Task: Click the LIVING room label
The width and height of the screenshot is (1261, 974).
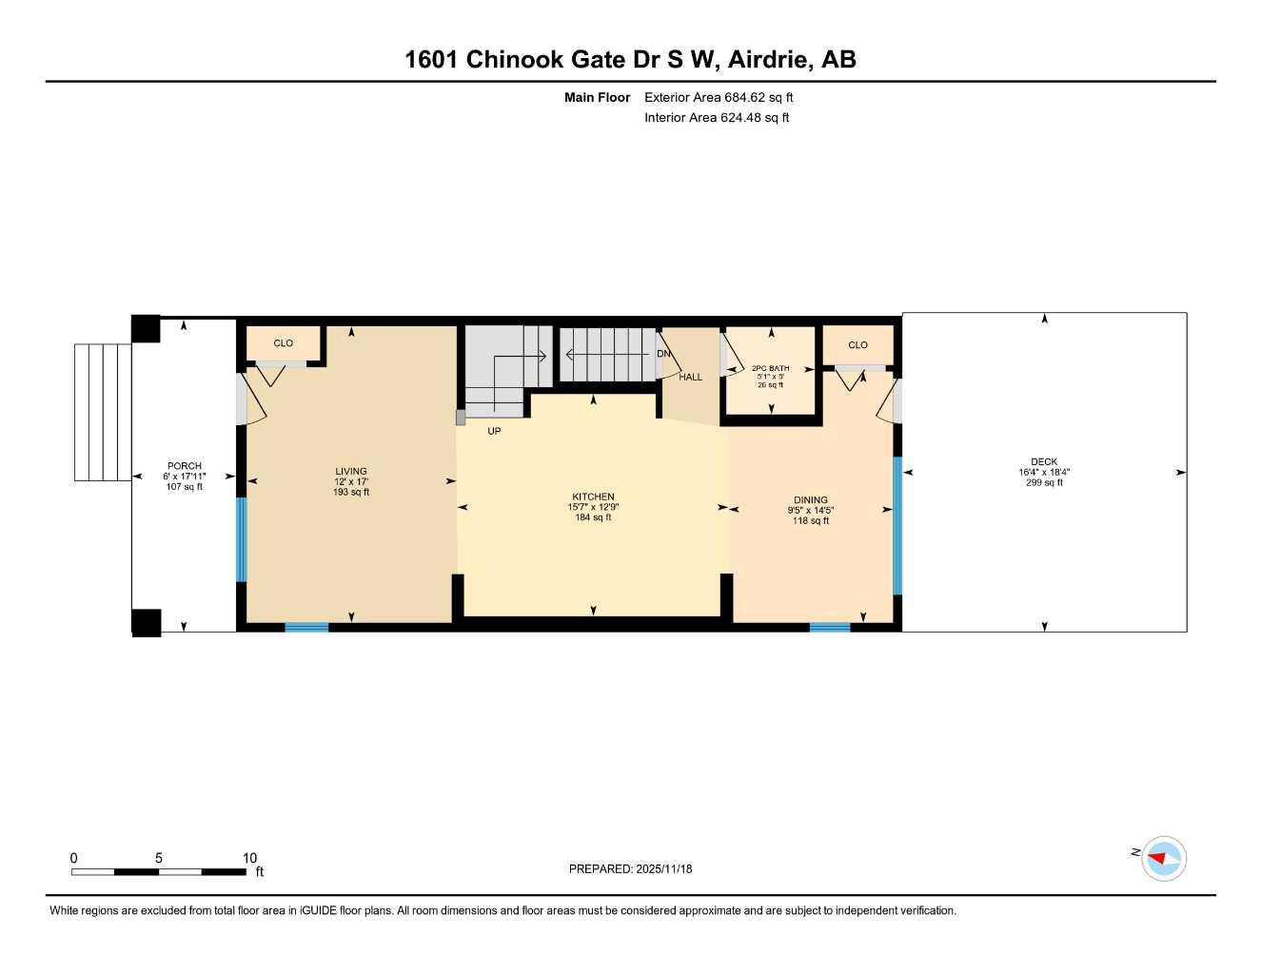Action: pyautogui.click(x=351, y=472)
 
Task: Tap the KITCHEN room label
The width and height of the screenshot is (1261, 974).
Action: pyautogui.click(x=593, y=497)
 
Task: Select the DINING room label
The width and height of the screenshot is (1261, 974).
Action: pyautogui.click(x=811, y=500)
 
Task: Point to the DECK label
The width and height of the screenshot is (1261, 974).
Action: pyautogui.click(x=1044, y=462)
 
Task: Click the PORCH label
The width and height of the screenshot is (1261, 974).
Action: pyautogui.click(x=185, y=466)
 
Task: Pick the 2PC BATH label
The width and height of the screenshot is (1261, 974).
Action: pyautogui.click(x=770, y=368)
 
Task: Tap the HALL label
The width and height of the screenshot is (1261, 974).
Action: pyautogui.click(x=690, y=378)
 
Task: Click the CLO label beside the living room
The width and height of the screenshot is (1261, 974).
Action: pyautogui.click(x=284, y=343)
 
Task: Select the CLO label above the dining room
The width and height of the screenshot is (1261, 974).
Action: pyautogui.click(x=857, y=345)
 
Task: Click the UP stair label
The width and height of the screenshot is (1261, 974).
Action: pyautogui.click(x=494, y=431)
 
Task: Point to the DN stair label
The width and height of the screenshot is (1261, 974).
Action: pyautogui.click(x=663, y=354)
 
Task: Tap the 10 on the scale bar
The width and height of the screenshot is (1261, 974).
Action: pyautogui.click(x=249, y=858)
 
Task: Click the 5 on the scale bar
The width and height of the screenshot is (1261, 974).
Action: pyautogui.click(x=159, y=858)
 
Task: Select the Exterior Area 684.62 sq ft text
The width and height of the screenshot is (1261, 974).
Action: pyautogui.click(x=719, y=97)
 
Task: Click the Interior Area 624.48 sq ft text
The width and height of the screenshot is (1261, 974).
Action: pyautogui.click(x=717, y=118)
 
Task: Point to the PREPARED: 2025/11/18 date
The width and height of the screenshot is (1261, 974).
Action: pyautogui.click(x=630, y=868)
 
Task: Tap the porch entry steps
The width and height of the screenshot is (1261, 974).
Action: pyautogui.click(x=103, y=412)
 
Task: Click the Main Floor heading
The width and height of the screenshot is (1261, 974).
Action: pyautogui.click(x=597, y=97)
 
